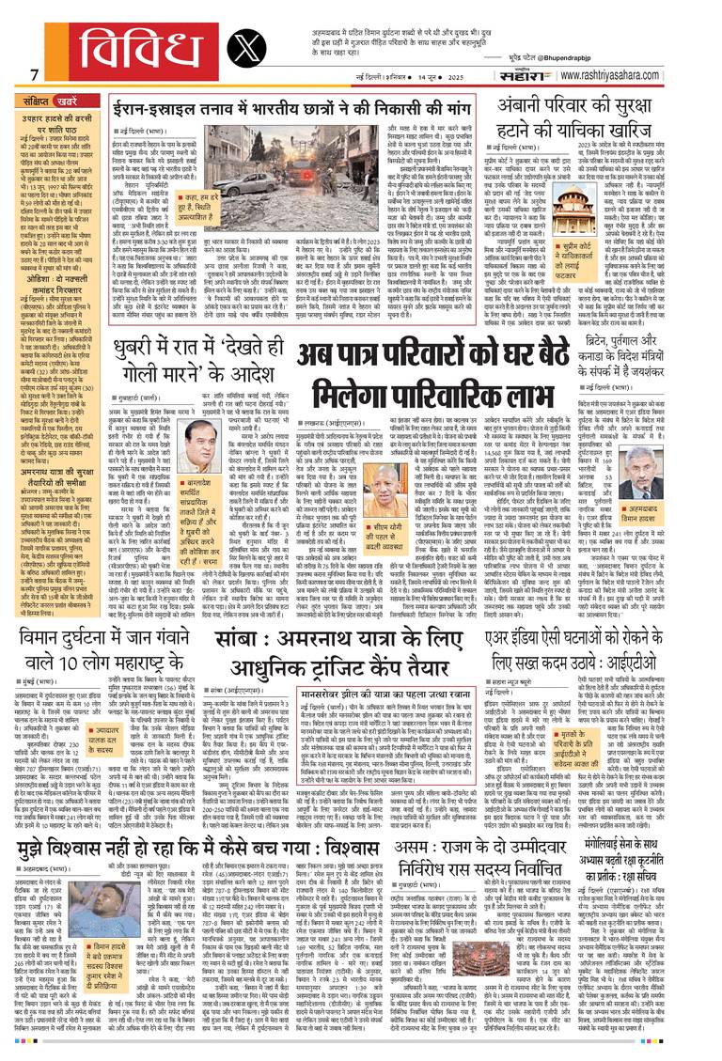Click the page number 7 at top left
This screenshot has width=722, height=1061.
pyautogui.click(x=34, y=75)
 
